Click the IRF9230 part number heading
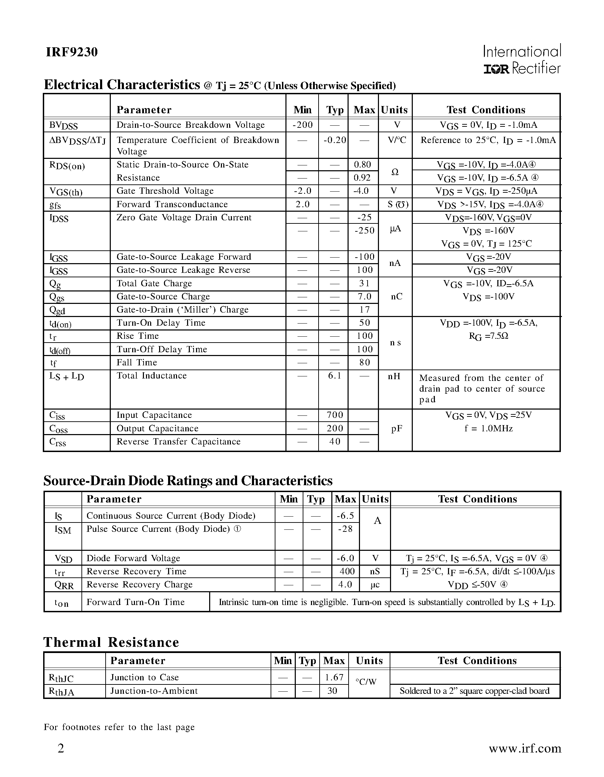tap(71, 52)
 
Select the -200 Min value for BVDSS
tap(303, 125)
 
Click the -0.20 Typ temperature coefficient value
tap(334, 140)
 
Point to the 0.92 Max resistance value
tap(362, 178)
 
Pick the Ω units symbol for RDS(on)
tap(394, 172)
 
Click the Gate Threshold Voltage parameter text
tap(165, 191)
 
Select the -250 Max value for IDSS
tap(364, 231)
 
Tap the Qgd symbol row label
tap(57, 310)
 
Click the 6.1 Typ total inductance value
tap(334, 376)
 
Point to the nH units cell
tap(394, 376)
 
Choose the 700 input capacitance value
tap(334, 415)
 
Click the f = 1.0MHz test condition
tap(488, 428)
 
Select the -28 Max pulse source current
tap(345, 529)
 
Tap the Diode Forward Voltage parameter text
tap(133, 558)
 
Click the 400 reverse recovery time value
tap(347, 572)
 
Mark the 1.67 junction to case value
tap(334, 678)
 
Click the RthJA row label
tap(61, 691)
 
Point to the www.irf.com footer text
tap(525, 749)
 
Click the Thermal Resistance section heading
tap(111, 643)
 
